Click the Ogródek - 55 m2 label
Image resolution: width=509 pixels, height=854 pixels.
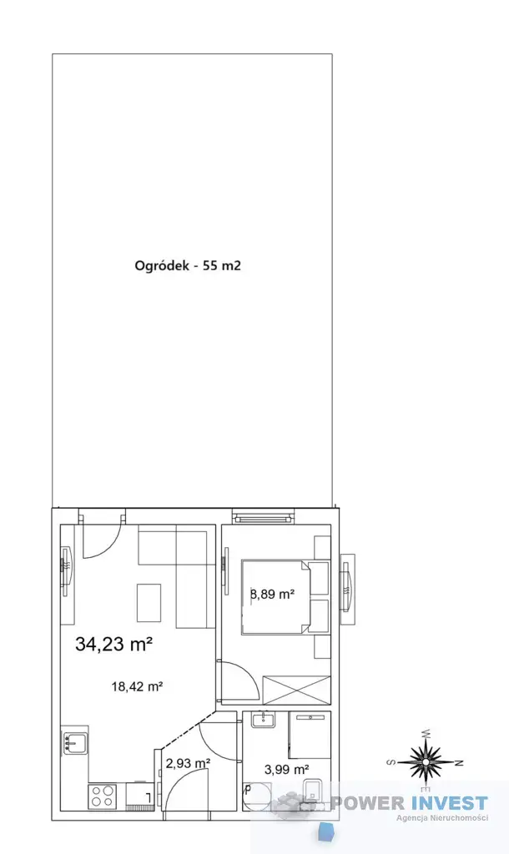(188, 266)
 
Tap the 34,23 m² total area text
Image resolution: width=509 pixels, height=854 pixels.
(113, 645)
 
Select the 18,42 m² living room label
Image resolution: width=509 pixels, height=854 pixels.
(138, 686)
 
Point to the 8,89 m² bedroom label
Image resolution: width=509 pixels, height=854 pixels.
(272, 594)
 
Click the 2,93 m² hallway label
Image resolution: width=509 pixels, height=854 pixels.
(188, 764)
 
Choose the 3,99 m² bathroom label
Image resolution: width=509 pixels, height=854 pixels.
(287, 770)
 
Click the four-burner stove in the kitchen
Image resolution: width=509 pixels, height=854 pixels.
(103, 796)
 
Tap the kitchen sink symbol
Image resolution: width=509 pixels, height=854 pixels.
(75, 741)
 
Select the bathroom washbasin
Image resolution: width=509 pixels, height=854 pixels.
(264, 720)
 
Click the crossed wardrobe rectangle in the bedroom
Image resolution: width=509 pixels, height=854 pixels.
(296, 690)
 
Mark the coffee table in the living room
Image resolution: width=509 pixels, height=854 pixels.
(149, 602)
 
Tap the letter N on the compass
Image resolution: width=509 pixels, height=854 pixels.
(458, 762)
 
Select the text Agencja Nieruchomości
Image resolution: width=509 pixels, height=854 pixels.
(442, 817)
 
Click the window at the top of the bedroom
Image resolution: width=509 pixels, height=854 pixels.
(263, 516)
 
